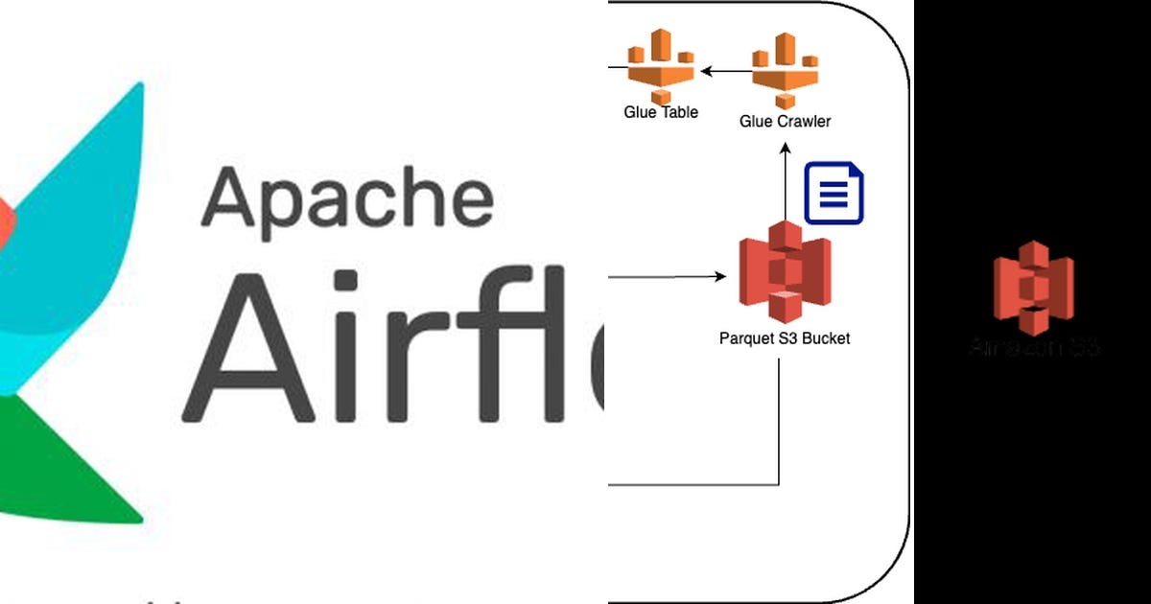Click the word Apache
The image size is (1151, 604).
[347, 197]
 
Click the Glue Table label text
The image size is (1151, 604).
[661, 112]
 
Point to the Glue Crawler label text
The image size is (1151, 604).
[785, 121]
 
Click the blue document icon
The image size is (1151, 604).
[834, 194]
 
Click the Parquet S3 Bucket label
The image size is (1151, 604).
[785, 337]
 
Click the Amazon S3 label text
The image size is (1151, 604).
[1032, 347]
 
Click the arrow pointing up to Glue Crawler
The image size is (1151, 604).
[786, 182]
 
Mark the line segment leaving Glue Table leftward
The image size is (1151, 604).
[616, 67]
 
